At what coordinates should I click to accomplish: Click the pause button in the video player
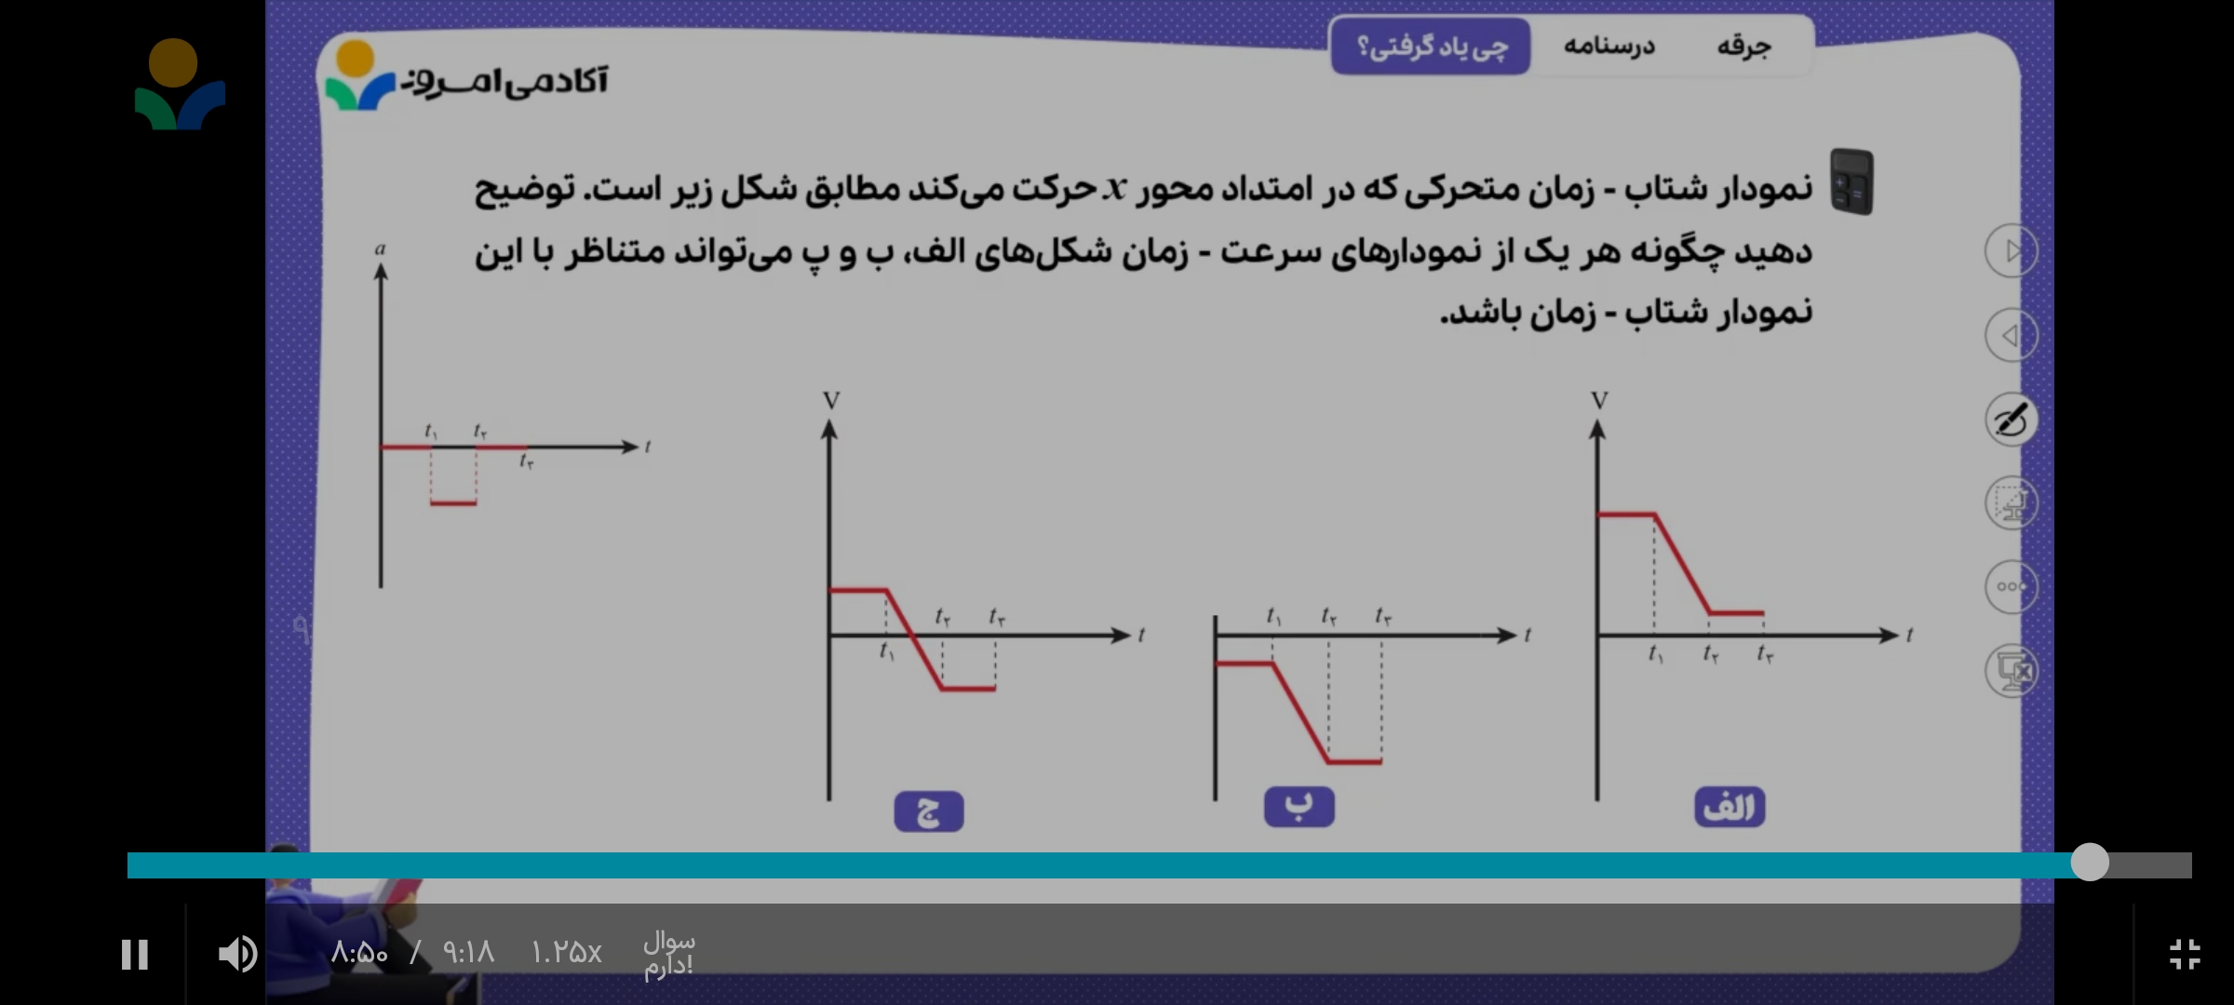point(135,954)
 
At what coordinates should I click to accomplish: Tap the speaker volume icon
point(237,954)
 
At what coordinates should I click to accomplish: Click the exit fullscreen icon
point(2185,954)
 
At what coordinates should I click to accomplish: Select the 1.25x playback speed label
point(566,952)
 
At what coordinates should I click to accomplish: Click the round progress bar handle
point(2090,862)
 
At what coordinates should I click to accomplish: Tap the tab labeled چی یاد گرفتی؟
point(1431,46)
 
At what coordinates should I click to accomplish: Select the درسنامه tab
point(1609,46)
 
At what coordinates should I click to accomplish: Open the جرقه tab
point(1743,46)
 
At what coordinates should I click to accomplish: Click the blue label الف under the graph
point(1729,808)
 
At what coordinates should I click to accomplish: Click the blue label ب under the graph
point(1299,807)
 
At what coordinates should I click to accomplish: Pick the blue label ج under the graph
point(928,811)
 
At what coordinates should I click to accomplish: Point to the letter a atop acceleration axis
point(380,248)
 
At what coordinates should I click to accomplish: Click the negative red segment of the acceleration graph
point(453,503)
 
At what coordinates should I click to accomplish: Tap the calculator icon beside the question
point(1851,181)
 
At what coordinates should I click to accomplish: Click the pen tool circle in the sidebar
point(2011,419)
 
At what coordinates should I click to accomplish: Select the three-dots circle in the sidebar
point(2011,586)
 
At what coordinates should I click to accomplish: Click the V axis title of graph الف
point(1599,401)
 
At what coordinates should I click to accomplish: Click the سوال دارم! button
point(668,954)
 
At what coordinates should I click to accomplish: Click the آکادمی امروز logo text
point(505,82)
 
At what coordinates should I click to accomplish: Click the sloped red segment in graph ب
point(1300,713)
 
